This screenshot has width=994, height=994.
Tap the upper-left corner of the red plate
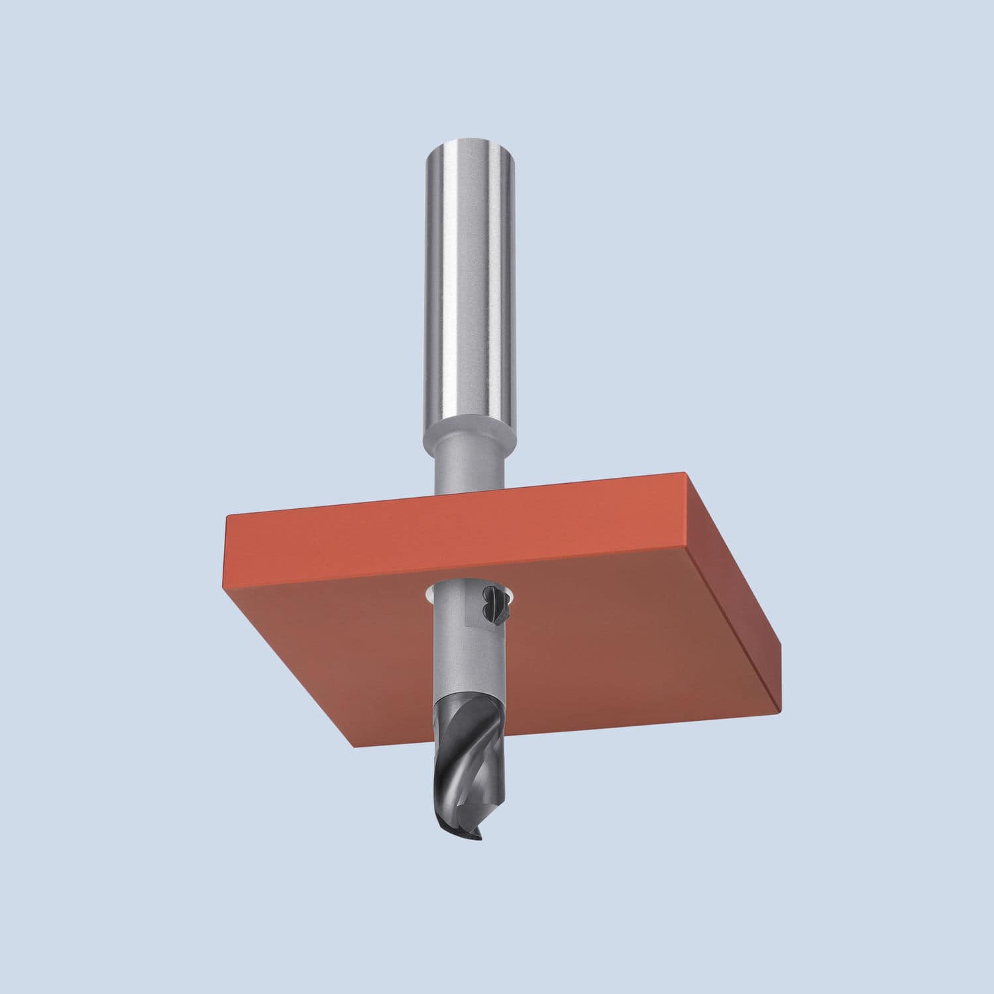tap(227, 518)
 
